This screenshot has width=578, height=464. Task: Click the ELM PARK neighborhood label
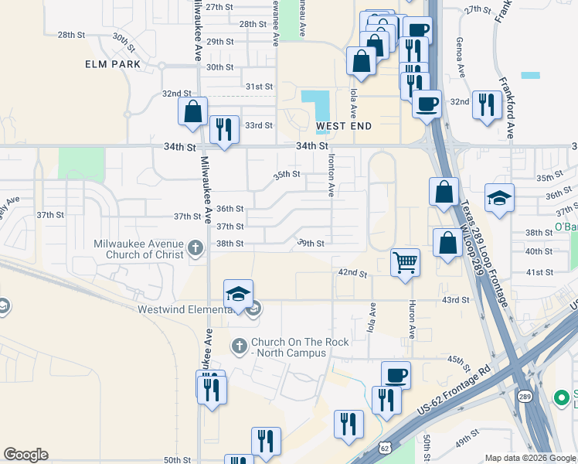click(x=113, y=64)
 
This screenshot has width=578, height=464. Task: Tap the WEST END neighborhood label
click(x=344, y=126)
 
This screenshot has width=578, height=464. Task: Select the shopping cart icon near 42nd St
click(x=405, y=264)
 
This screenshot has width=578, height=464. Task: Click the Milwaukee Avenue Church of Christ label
click(x=138, y=247)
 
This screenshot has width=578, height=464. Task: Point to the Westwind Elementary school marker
click(x=239, y=295)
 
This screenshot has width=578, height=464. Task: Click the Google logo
click(x=25, y=455)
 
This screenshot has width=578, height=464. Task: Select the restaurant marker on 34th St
click(x=224, y=130)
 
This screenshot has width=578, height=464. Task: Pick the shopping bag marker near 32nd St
click(x=192, y=111)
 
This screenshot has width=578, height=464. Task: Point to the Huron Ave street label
click(x=412, y=319)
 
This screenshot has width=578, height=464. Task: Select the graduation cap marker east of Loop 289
click(x=499, y=199)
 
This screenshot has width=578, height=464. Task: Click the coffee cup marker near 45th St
click(x=396, y=376)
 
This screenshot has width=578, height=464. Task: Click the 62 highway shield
click(x=386, y=448)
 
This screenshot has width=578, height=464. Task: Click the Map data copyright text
click(x=530, y=458)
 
